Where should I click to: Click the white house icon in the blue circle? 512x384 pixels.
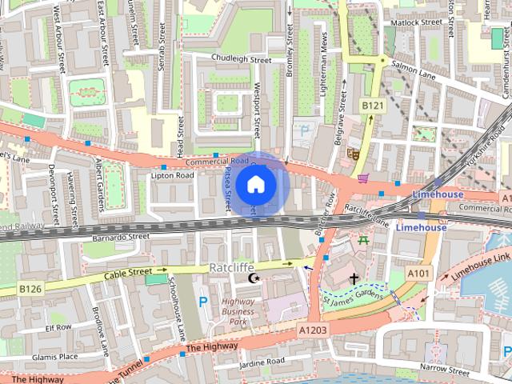(x=255, y=184)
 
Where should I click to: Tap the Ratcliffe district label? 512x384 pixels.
(x=232, y=266)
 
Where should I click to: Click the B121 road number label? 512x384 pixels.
(x=370, y=105)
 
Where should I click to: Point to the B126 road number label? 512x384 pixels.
(x=30, y=288)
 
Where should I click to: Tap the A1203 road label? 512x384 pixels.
(x=312, y=329)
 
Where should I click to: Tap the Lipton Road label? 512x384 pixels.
(x=173, y=174)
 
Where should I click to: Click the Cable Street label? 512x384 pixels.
(x=127, y=274)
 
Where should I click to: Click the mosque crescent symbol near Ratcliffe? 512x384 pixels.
(x=254, y=278)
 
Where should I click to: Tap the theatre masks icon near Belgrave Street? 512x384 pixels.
(x=353, y=154)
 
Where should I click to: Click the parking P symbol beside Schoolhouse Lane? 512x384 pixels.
(x=202, y=302)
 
